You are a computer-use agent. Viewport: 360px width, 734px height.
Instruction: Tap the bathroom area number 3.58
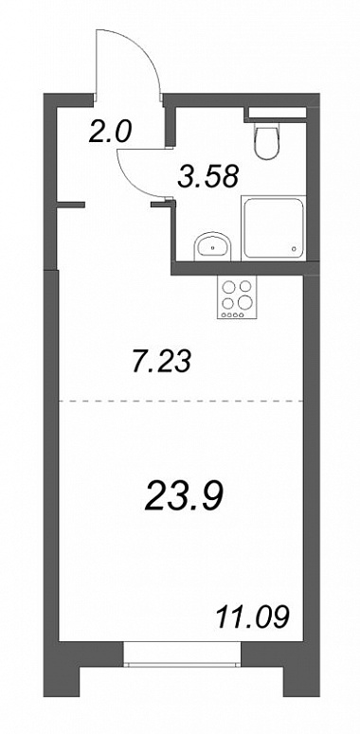click(x=208, y=176)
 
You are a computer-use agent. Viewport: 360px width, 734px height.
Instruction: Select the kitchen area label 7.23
click(x=161, y=362)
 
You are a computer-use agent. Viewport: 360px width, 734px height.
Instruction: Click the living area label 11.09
click(x=251, y=617)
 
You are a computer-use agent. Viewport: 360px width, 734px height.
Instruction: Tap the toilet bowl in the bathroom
click(x=267, y=139)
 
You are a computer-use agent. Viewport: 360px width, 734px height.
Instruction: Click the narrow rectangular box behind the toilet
click(x=278, y=113)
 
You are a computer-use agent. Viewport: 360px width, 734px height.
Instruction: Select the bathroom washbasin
click(x=212, y=244)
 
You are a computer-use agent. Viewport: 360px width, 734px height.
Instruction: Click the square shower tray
click(x=274, y=227)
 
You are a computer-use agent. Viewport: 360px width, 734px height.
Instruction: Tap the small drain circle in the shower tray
click(x=294, y=248)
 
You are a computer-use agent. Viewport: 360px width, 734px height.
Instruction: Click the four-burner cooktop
click(x=237, y=297)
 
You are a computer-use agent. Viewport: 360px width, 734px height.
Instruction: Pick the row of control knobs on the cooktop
click(x=233, y=314)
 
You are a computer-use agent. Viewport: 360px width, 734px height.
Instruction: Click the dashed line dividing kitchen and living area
click(x=181, y=402)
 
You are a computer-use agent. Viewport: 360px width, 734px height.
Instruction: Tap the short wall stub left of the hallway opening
click(x=71, y=204)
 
